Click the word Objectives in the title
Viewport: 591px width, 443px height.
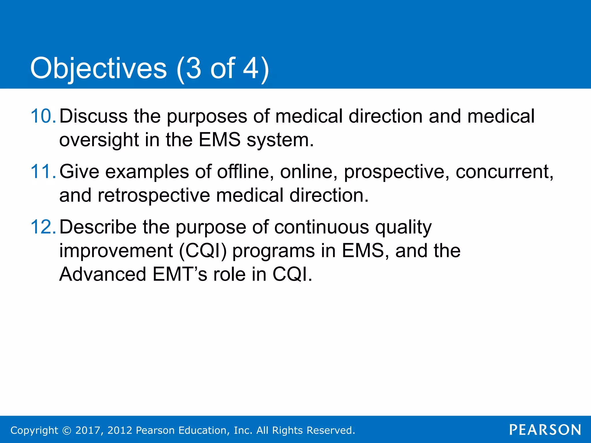point(98,69)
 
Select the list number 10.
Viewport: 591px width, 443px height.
point(43,116)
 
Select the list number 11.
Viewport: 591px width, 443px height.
point(43,172)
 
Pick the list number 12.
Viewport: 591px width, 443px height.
point(43,227)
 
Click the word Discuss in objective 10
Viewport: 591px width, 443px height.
point(93,116)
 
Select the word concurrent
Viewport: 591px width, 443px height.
point(504,172)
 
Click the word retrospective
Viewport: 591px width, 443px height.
point(154,196)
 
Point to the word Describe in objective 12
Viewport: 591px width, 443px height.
point(98,227)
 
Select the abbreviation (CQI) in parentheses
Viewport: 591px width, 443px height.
point(203,251)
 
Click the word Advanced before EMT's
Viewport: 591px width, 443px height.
point(102,274)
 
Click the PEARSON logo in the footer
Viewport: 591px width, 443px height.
point(545,430)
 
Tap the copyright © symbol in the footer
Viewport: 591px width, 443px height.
point(67,430)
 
